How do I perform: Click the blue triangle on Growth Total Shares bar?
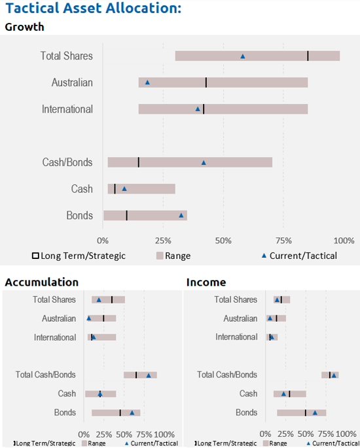pyautogui.click(x=242, y=56)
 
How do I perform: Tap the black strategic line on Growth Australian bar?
pyautogui.click(x=206, y=82)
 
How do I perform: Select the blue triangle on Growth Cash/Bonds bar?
pyautogui.click(x=204, y=163)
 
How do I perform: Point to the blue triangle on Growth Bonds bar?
pyautogui.click(x=181, y=215)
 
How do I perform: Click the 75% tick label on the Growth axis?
pyautogui.click(x=283, y=241)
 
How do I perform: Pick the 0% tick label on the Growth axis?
pyautogui.click(x=103, y=241)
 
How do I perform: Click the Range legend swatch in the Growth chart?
pyautogui.click(x=160, y=256)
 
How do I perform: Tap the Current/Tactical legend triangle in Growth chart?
pyautogui.click(x=264, y=256)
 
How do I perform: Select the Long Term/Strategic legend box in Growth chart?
pyautogui.click(x=35, y=256)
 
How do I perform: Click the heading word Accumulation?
pyautogui.click(x=42, y=283)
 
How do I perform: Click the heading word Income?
pyautogui.click(x=206, y=283)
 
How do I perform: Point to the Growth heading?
pyautogui.click(x=25, y=27)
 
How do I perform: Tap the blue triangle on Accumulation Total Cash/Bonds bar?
pyautogui.click(x=149, y=375)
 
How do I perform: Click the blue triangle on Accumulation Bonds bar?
pyautogui.click(x=132, y=413)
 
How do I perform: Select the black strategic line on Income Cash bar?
pyautogui.click(x=289, y=394)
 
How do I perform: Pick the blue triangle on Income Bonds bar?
pyautogui.click(x=315, y=413)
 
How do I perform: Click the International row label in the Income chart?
pyautogui.click(x=236, y=337)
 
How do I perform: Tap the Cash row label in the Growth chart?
pyautogui.click(x=82, y=189)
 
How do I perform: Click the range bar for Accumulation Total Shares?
pyautogui.click(x=108, y=300)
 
